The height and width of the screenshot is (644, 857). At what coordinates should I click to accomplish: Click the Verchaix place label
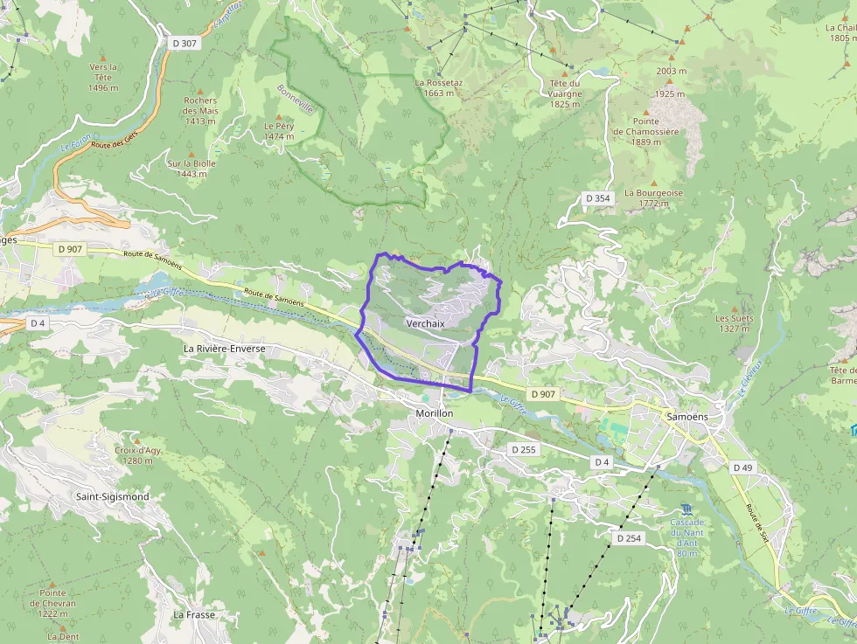[425, 323]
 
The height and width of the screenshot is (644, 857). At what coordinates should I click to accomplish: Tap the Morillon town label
[434, 412]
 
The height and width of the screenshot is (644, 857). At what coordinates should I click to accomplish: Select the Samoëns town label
[686, 417]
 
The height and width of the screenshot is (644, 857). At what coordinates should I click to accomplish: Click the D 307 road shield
[184, 42]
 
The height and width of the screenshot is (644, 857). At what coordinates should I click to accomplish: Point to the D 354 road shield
[598, 198]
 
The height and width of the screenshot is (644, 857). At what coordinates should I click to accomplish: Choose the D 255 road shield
[524, 449]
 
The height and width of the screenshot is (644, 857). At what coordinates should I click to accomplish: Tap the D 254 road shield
[629, 538]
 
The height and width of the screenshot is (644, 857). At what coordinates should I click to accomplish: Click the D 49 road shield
[742, 468]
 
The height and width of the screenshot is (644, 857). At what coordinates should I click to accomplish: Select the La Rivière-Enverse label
[224, 348]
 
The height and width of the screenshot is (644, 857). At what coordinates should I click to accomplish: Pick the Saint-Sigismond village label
[112, 496]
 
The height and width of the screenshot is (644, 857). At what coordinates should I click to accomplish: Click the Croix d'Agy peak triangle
[137, 440]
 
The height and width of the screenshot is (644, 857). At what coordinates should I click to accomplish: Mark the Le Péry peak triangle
[280, 115]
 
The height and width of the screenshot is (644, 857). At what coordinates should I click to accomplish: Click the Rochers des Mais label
[200, 105]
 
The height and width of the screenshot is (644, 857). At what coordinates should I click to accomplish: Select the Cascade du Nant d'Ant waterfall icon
[687, 509]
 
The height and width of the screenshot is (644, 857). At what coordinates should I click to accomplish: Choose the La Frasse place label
[193, 614]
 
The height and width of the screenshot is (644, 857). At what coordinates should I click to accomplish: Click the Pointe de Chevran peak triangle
[52, 583]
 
